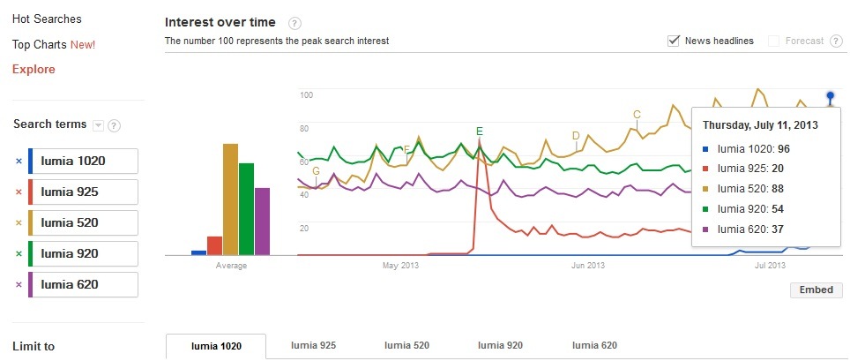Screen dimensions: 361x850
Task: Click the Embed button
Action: pyautogui.click(x=816, y=290)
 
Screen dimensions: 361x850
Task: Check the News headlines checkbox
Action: pyautogui.click(x=675, y=41)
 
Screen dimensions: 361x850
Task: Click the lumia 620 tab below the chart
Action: pyautogui.click(x=594, y=346)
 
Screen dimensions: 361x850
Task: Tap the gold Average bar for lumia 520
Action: pyautogui.click(x=230, y=199)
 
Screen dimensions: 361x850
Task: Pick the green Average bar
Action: pyautogui.click(x=246, y=208)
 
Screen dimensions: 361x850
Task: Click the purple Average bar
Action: pyautogui.click(x=262, y=221)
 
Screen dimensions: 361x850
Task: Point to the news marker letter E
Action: pyautogui.click(x=480, y=132)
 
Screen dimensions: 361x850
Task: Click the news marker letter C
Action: pyautogui.click(x=637, y=115)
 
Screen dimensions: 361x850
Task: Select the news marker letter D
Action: pyautogui.click(x=576, y=136)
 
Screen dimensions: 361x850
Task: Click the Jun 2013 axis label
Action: pyautogui.click(x=588, y=265)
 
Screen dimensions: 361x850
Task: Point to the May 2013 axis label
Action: pyautogui.click(x=399, y=265)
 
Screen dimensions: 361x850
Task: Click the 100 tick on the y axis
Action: pyautogui.click(x=307, y=94)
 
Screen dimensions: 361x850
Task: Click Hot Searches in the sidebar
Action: pyautogui.click(x=47, y=19)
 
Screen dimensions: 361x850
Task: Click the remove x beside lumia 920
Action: pyautogui.click(x=19, y=253)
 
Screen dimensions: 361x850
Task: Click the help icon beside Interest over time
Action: pyautogui.click(x=295, y=23)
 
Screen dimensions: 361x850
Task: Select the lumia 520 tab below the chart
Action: pyautogui.click(x=406, y=346)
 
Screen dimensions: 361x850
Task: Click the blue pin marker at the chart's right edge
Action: pyautogui.click(x=830, y=95)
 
